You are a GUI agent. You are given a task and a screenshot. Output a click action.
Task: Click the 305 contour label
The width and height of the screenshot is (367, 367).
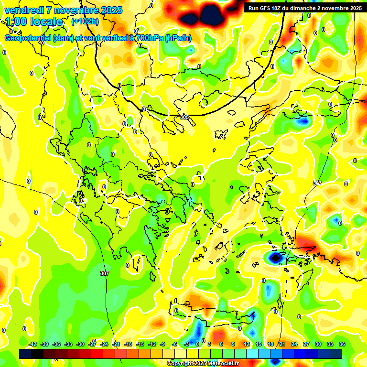tap(184, 117)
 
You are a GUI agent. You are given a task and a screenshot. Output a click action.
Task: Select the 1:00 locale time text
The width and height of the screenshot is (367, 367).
tap(34, 22)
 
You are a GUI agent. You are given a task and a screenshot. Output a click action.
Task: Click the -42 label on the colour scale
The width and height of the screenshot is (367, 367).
tap(32, 344)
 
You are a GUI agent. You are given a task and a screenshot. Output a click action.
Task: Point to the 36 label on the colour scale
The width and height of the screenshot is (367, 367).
tap(342, 344)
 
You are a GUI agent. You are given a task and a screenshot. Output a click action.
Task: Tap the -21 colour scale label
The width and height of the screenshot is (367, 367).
tap(116, 344)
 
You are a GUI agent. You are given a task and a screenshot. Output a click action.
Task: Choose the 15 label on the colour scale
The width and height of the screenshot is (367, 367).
tap(259, 344)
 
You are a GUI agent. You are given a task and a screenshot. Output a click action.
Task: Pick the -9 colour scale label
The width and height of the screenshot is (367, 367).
tap(163, 344)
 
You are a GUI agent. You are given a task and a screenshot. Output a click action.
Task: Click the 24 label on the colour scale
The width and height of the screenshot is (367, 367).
tap(294, 344)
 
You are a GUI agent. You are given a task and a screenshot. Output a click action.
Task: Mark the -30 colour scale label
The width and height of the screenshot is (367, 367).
tap(80, 344)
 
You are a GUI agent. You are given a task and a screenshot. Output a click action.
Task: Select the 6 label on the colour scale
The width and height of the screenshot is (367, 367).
tap(221, 344)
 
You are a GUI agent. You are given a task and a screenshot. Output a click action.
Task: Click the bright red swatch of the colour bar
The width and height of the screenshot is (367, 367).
tap(97, 354)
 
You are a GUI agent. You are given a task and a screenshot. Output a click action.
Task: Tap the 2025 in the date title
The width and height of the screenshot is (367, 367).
tap(112, 10)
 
